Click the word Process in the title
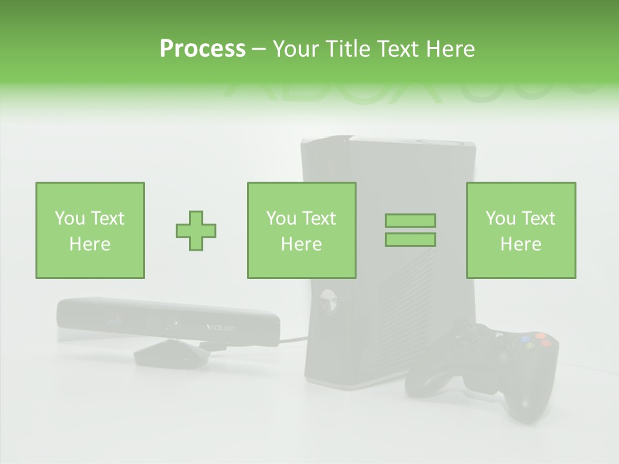(x=202, y=49)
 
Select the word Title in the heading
(x=348, y=49)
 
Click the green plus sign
(x=196, y=230)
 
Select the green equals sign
(x=410, y=230)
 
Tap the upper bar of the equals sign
(x=410, y=221)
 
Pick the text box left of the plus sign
(x=90, y=230)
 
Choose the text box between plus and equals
(x=301, y=230)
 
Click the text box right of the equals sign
(x=521, y=230)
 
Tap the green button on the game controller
(x=530, y=346)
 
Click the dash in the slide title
(x=259, y=49)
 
